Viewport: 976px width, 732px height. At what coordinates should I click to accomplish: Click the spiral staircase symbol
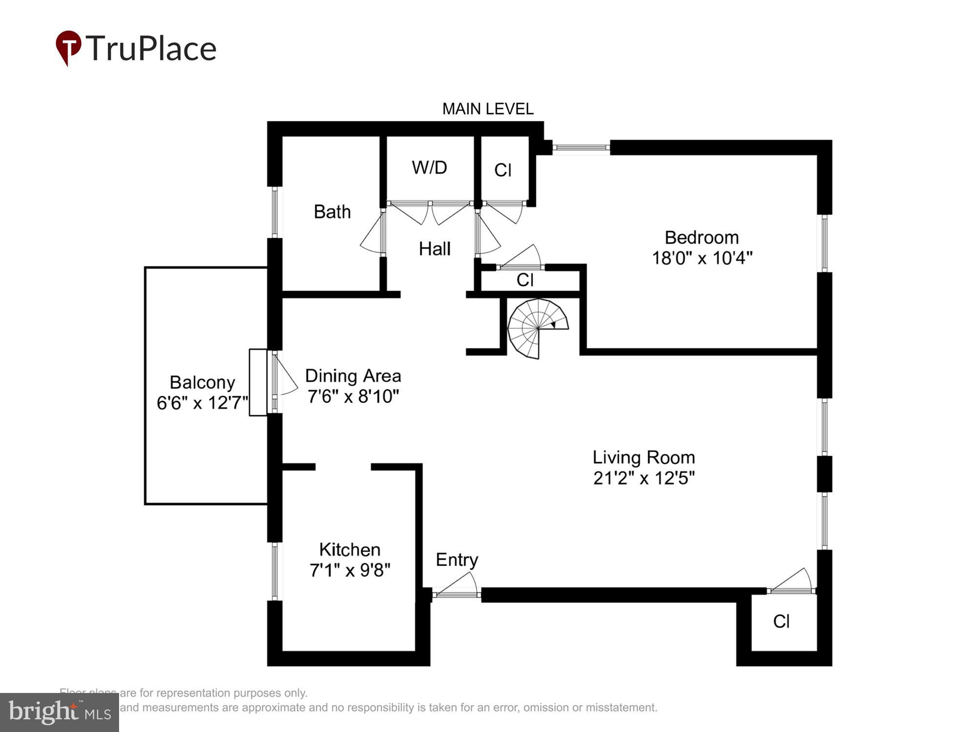tap(537, 328)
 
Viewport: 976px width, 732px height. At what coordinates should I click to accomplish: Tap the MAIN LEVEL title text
tap(488, 109)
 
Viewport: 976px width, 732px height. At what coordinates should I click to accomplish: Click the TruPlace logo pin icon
tap(68, 47)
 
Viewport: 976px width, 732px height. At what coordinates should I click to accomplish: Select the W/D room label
tap(429, 167)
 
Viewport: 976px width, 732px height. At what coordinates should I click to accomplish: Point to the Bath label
tap(332, 212)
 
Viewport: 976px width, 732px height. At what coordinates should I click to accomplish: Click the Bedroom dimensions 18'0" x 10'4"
tap(702, 258)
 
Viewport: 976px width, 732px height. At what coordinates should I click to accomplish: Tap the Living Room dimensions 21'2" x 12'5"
tap(644, 478)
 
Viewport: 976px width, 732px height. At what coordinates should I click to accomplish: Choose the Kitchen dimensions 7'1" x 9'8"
tap(350, 569)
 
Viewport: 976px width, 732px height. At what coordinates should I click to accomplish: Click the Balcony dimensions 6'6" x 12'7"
tap(202, 403)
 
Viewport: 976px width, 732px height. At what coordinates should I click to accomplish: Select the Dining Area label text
tap(353, 376)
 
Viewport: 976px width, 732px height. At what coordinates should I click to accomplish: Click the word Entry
tap(457, 560)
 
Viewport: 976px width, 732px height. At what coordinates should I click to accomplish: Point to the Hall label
tap(434, 249)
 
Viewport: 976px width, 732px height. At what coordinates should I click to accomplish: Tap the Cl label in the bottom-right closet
tap(781, 621)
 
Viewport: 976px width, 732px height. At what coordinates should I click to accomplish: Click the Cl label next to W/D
tap(503, 170)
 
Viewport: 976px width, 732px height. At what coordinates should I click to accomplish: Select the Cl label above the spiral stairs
tap(525, 280)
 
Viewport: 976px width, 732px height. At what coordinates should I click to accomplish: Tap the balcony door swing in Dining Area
tap(285, 376)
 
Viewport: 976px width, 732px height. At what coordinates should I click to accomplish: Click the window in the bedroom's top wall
tap(581, 147)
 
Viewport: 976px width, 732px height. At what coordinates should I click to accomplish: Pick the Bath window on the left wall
tap(275, 212)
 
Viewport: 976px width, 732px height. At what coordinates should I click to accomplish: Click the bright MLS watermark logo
tap(60, 712)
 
